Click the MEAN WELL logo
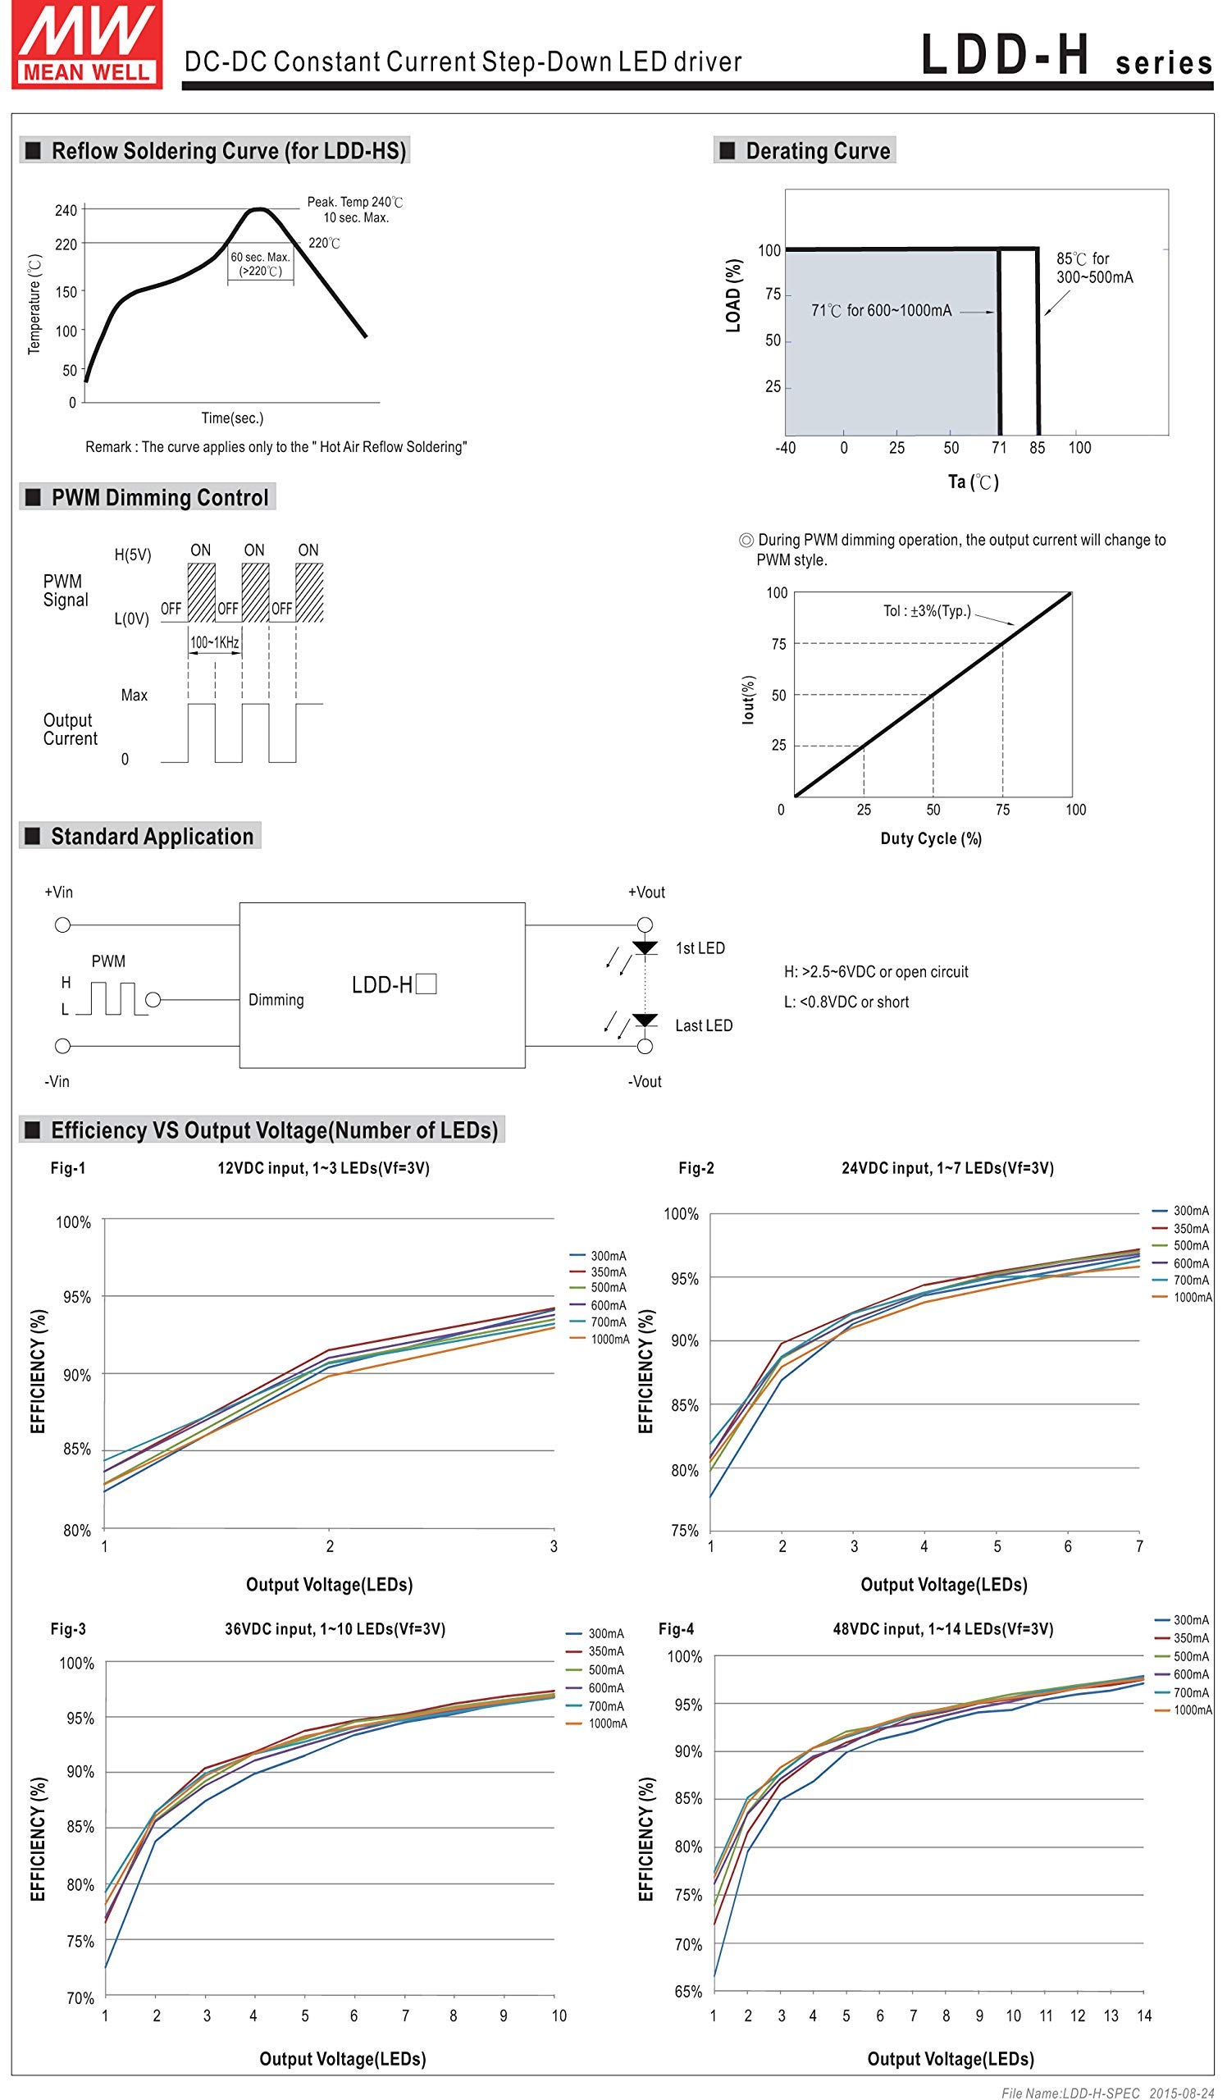point(87,43)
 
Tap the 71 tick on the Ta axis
point(999,449)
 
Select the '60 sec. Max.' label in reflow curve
point(260,258)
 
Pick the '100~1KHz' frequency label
point(214,642)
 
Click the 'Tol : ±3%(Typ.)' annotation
point(926,611)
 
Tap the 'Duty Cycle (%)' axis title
point(930,838)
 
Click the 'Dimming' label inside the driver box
point(276,1000)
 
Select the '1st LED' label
point(700,948)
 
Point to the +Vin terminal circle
point(62,925)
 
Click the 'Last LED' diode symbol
point(645,1021)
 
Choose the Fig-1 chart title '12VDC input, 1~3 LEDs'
point(323,1168)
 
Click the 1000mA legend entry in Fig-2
point(1182,1298)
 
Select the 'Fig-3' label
point(67,1629)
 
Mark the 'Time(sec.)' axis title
point(231,418)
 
